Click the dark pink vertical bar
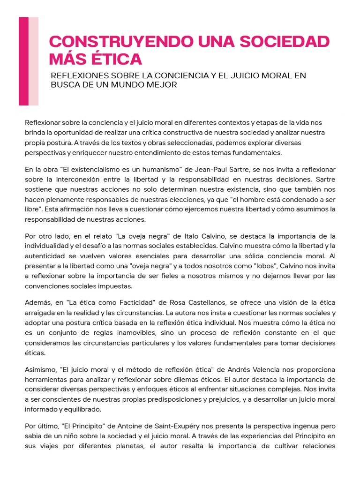23,61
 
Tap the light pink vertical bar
34,61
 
